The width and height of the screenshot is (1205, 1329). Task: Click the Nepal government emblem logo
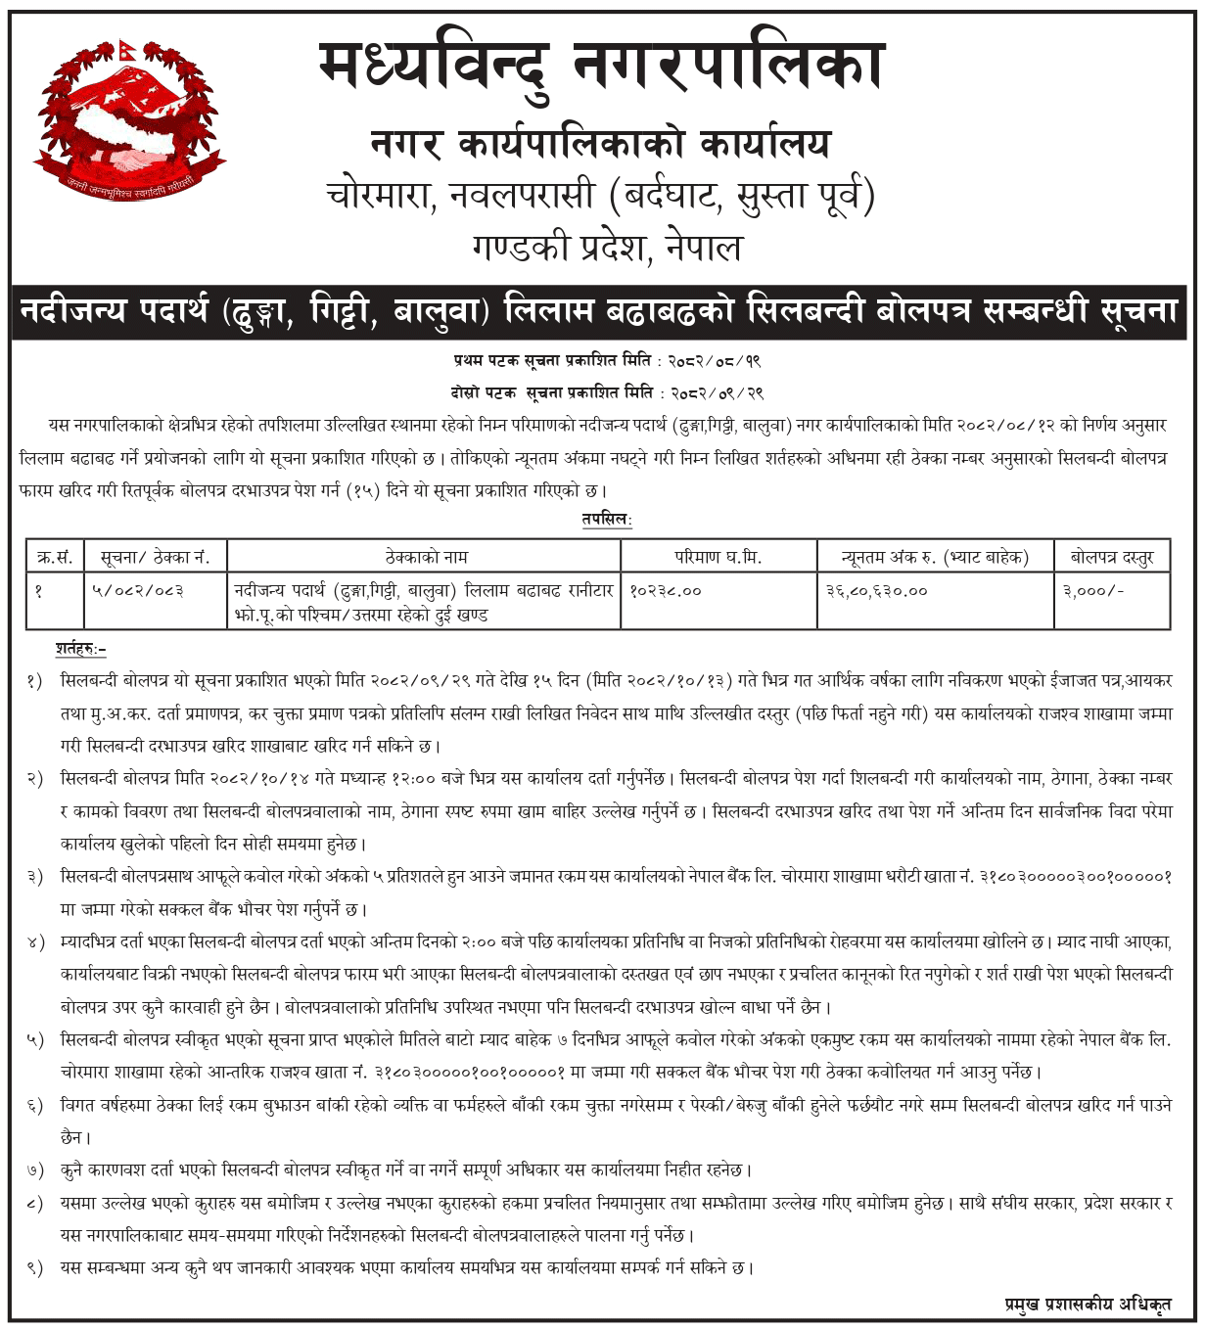116,116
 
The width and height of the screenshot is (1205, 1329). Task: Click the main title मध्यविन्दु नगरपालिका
601,67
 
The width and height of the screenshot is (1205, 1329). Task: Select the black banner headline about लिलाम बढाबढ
599,312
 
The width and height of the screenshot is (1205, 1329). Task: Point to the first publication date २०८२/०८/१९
717,361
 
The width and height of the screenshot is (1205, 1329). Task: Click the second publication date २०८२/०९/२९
717,393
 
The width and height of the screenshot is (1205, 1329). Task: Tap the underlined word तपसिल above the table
607,520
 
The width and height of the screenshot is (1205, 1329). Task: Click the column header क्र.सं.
55,558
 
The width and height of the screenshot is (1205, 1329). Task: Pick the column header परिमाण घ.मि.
718,558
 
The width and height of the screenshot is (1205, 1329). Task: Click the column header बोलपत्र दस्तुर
1112,558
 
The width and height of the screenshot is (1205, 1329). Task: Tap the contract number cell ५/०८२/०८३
138,591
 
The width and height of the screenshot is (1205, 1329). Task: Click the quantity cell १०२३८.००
666,591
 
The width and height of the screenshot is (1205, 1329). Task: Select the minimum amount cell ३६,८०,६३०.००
877,591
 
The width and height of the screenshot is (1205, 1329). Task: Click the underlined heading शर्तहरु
80,649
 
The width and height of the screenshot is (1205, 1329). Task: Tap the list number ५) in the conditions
35,1040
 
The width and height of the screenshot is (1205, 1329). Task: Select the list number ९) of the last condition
35,1268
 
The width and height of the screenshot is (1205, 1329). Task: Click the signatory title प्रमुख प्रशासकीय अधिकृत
1088,1304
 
